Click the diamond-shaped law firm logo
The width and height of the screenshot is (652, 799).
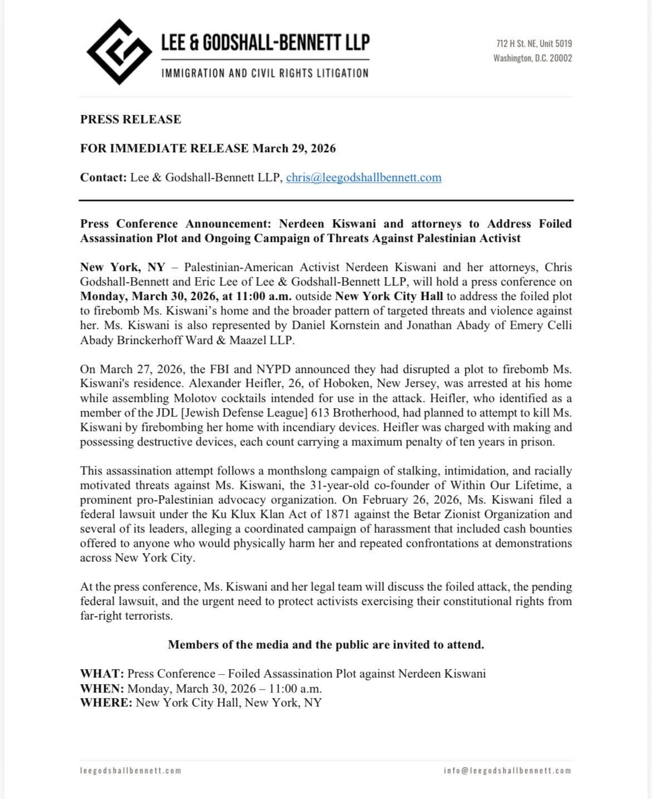[x=119, y=52]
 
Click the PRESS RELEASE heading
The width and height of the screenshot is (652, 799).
[x=130, y=119]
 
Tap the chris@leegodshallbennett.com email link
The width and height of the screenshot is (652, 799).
[x=363, y=178]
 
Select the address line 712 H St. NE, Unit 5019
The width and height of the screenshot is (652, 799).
[x=534, y=43]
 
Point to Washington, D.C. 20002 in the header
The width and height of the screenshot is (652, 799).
[x=532, y=58]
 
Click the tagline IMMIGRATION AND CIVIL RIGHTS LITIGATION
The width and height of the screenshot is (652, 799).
[x=265, y=73]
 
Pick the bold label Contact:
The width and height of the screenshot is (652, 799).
[x=104, y=178]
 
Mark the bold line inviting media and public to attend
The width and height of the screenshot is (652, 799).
[x=326, y=645]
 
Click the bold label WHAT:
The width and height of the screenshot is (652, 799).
[x=102, y=674]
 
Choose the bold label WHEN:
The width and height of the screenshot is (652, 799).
[x=102, y=688]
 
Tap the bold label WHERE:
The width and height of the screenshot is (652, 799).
[x=106, y=703]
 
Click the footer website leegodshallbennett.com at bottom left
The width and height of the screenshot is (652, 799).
[x=131, y=771]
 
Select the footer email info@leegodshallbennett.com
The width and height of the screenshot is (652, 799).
[x=508, y=771]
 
